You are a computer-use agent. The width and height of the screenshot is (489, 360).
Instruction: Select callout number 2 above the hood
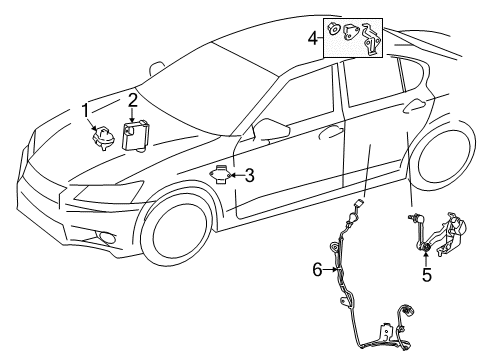(x=133, y=99)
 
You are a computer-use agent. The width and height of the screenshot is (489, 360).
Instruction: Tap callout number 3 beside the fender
(x=250, y=175)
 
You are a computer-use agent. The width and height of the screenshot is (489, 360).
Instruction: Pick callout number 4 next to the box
(x=311, y=40)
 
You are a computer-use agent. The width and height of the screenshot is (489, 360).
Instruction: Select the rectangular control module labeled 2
(x=135, y=134)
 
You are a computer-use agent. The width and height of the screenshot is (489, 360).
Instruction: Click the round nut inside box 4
(x=332, y=31)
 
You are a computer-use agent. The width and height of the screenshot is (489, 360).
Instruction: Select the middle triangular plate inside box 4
(x=351, y=34)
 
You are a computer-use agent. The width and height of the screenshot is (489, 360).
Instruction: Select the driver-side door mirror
(x=270, y=130)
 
